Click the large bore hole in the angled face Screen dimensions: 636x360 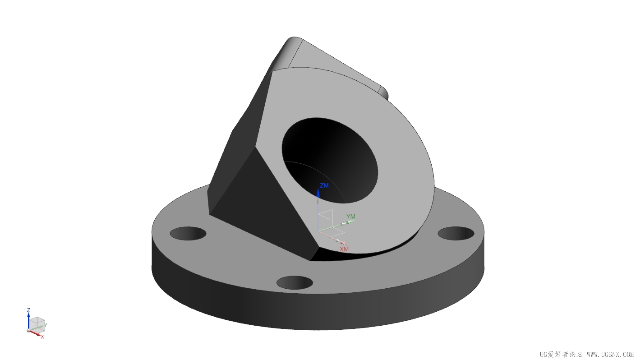330,161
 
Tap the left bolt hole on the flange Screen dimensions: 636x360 188,233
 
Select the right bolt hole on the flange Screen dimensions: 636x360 456,233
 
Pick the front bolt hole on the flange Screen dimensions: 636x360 295,282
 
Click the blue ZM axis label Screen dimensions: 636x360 324,185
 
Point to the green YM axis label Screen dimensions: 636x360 351,217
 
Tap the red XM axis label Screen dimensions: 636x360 344,249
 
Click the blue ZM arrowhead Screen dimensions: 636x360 318,193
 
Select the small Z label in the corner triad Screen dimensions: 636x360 28,310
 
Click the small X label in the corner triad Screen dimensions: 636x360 42,337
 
